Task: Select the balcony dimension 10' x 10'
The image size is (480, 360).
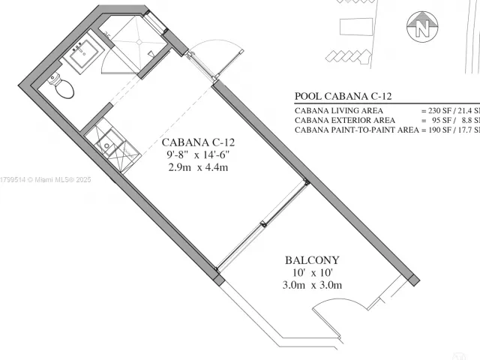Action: coord(310,272)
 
